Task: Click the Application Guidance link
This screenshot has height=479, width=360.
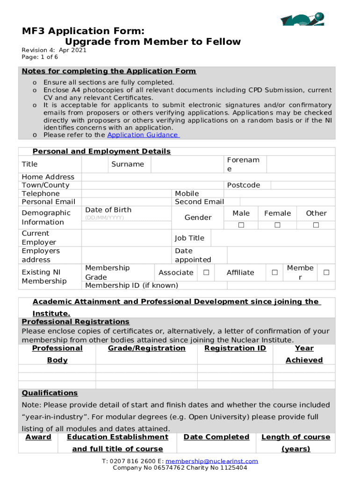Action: click(142, 135)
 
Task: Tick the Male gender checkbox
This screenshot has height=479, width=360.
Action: click(241, 225)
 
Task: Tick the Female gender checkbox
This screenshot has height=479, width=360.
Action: click(277, 225)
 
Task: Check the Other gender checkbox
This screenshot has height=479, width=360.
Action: click(316, 225)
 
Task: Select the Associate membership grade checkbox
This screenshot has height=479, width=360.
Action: click(206, 272)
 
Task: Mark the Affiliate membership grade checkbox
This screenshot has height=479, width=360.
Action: click(274, 272)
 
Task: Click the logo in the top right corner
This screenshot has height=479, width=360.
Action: click(302, 20)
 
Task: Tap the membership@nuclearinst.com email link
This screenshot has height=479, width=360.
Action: click(212, 461)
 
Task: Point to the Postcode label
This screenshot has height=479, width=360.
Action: click(243, 185)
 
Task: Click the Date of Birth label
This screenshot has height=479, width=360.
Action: click(108, 210)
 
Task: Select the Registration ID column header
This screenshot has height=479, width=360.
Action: click(235, 348)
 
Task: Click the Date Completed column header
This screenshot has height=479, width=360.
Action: click(216, 437)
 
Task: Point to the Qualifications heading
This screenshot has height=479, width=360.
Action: click(50, 393)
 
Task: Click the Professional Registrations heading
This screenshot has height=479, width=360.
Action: click(75, 322)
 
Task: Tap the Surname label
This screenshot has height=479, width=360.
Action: click(128, 164)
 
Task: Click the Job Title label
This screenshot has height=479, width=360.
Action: click(189, 238)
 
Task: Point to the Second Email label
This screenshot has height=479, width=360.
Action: click(199, 202)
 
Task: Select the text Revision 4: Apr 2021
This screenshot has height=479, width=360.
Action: click(54, 51)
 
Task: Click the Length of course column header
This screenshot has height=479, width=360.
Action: click(295, 437)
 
